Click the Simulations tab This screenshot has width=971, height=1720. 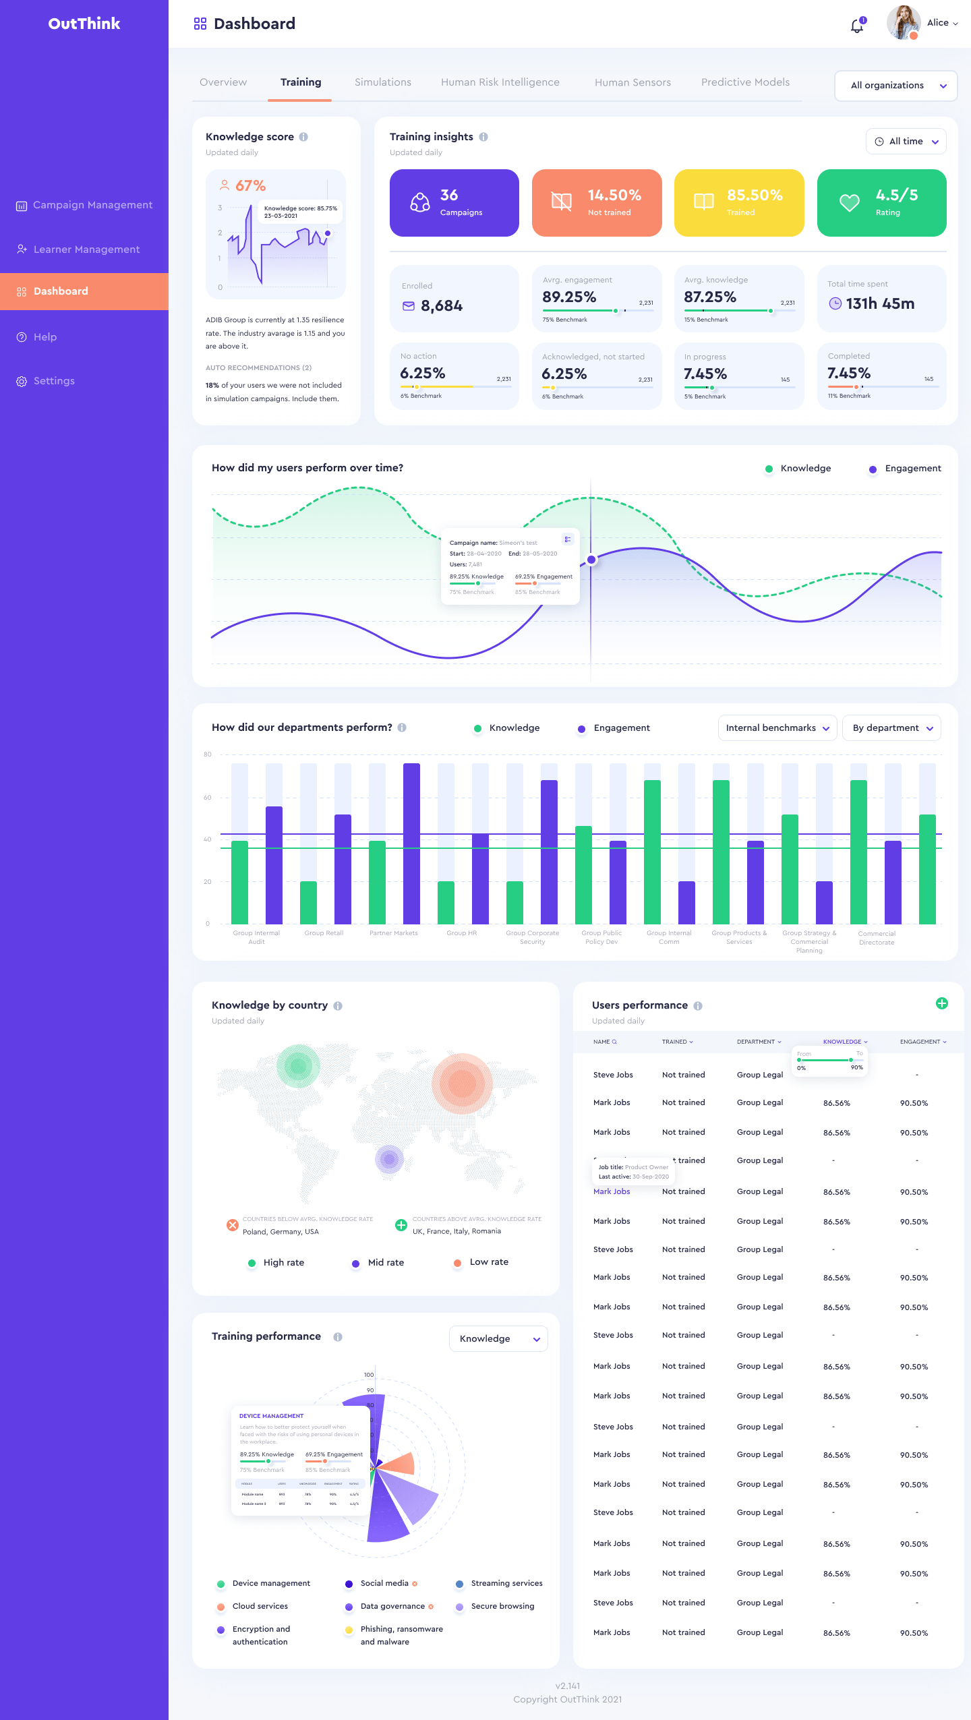point(382,82)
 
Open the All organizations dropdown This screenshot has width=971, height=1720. point(895,86)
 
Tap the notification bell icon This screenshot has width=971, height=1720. point(856,26)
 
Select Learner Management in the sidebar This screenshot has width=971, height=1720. point(86,249)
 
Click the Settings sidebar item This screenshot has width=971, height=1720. point(54,381)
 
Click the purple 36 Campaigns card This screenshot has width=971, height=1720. point(454,203)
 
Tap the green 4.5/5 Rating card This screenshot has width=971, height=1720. point(881,203)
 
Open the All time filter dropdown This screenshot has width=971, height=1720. point(906,142)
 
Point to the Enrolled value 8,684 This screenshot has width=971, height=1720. point(441,306)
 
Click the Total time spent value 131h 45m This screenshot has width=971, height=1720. point(879,304)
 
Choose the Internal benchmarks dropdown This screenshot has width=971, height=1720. point(777,728)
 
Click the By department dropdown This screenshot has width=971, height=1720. point(891,728)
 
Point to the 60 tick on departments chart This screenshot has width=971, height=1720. point(208,798)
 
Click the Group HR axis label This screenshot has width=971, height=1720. point(461,933)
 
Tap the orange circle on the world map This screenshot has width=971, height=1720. point(462,1083)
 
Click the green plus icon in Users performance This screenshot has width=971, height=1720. point(941,1003)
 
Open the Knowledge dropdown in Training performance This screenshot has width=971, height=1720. point(498,1338)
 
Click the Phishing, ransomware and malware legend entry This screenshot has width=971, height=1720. point(401,1635)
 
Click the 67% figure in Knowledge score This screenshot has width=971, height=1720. point(250,185)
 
